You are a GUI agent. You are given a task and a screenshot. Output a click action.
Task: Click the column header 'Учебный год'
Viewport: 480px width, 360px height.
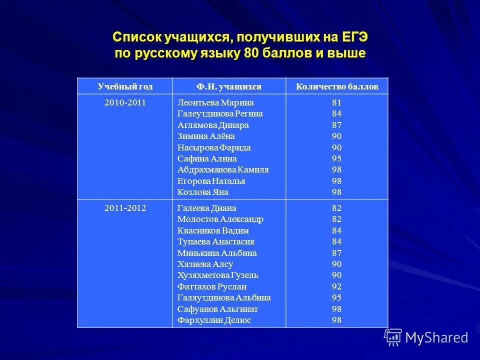point(125,86)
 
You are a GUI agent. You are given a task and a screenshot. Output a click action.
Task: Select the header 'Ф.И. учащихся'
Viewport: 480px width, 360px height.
point(229,86)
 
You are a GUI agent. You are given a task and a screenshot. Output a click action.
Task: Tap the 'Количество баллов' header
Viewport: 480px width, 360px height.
point(337,86)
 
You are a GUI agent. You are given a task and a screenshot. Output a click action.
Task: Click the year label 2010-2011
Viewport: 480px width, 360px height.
point(125,102)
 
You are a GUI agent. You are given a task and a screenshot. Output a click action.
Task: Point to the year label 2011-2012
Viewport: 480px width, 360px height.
point(125,208)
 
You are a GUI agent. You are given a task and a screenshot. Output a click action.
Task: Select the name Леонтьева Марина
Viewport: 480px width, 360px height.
point(215,102)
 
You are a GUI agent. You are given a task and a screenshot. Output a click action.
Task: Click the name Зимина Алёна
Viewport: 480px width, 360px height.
point(206,136)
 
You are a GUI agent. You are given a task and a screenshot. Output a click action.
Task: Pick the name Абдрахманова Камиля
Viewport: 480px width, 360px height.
point(223,169)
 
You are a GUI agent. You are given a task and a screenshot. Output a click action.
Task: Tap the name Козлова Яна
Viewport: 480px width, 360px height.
point(202,192)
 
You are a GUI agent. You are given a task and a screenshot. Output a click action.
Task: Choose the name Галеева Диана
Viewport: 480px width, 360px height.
point(206,208)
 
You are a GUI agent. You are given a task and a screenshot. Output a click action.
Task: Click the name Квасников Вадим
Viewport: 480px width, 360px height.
point(213,230)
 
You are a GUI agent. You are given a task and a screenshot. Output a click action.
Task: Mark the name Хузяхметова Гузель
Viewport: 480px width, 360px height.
point(217,275)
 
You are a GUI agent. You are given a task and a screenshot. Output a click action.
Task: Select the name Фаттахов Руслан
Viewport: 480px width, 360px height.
point(212,286)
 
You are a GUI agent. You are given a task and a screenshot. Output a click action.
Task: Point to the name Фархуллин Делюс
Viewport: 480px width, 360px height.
point(214,320)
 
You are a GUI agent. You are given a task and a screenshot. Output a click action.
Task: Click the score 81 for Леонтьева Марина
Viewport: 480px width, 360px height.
point(336,102)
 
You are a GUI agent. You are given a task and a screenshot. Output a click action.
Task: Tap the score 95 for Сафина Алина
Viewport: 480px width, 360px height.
point(336,158)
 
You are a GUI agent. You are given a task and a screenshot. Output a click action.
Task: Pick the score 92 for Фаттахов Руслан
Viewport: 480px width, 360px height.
point(336,286)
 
